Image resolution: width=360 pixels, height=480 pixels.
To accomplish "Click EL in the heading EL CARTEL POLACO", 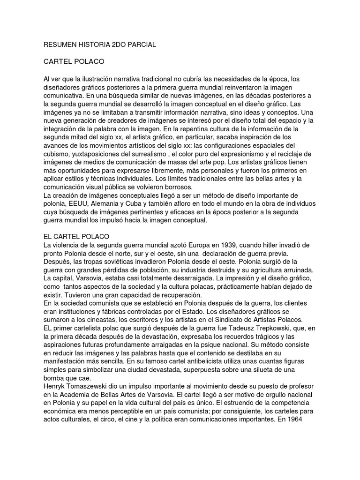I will (47, 236).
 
